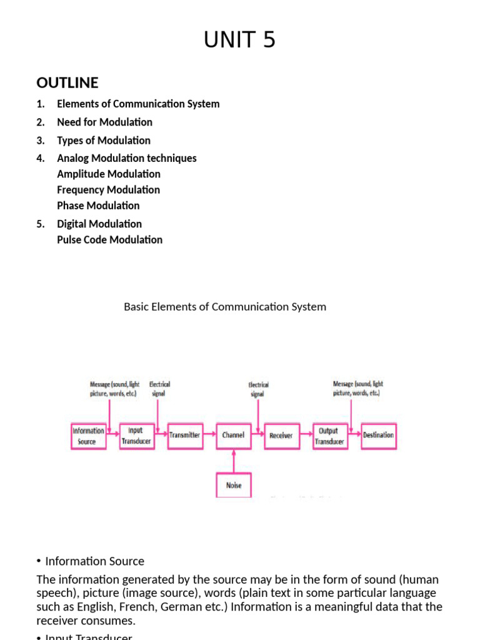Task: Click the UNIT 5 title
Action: click(x=239, y=40)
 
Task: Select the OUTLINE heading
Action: click(x=67, y=83)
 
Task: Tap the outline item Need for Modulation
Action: click(x=104, y=122)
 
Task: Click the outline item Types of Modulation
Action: click(x=104, y=141)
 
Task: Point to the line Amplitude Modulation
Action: click(x=109, y=174)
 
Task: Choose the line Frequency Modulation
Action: click(x=108, y=189)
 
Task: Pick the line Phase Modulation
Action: click(x=98, y=206)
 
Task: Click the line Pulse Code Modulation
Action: click(x=109, y=239)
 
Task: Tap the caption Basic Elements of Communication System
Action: click(x=225, y=307)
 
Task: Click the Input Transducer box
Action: click(x=136, y=435)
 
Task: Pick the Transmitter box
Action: click(x=184, y=435)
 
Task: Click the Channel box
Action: click(x=233, y=435)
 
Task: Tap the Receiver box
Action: click(x=281, y=435)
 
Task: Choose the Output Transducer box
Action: click(x=329, y=435)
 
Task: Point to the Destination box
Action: click(x=379, y=435)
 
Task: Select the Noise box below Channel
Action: click(x=234, y=485)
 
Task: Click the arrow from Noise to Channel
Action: click(x=234, y=461)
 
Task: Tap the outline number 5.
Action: click(x=41, y=224)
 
